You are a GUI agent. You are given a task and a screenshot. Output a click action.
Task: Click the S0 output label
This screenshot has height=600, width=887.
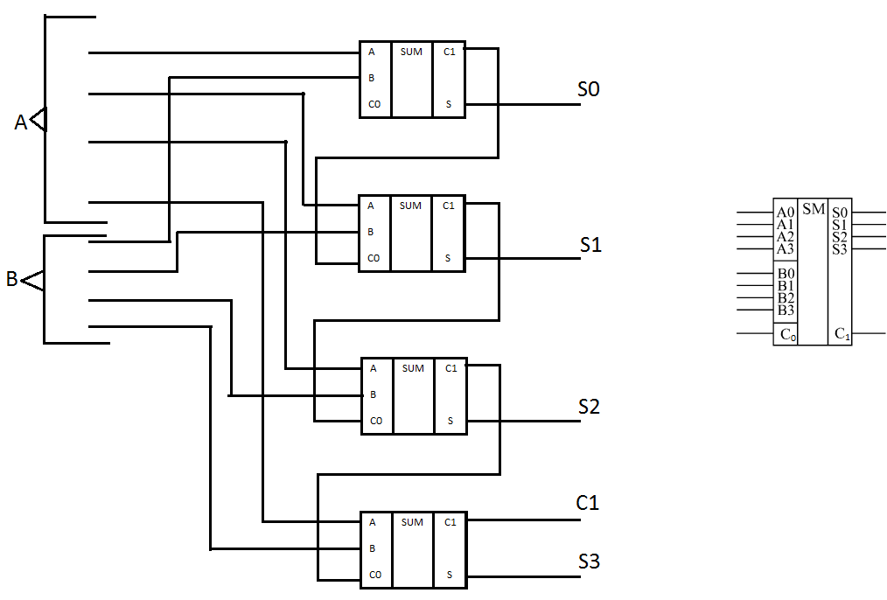(x=589, y=89)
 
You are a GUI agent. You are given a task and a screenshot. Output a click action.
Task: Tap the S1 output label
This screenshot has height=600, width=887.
(x=590, y=244)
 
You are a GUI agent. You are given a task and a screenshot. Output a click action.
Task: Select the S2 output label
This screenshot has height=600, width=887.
(x=589, y=407)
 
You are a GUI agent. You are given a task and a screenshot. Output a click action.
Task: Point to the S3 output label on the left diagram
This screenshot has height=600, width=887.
(x=589, y=561)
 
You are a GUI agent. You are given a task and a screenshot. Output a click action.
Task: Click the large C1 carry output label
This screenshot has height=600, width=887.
(x=587, y=502)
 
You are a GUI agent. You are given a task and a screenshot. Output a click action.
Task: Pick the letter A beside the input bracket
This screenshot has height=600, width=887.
(x=20, y=122)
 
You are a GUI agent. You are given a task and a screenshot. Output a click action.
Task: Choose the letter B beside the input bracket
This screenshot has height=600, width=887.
(x=12, y=279)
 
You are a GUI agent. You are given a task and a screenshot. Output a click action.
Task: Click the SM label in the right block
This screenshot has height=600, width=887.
(x=814, y=209)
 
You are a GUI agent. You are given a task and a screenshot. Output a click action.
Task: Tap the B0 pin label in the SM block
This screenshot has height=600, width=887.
(x=786, y=274)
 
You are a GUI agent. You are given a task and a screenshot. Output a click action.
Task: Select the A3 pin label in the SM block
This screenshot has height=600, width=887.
(x=786, y=248)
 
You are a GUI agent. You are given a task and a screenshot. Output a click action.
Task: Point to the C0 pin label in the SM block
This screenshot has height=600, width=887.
(x=788, y=334)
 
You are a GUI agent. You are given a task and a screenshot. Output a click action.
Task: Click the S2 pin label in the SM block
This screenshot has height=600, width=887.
(x=840, y=237)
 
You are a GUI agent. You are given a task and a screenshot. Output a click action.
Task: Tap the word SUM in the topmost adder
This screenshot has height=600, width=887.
(x=411, y=52)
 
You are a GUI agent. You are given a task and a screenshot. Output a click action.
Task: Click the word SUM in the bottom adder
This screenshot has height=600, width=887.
(x=412, y=522)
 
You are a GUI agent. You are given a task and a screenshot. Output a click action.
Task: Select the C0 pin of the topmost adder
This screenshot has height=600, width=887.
(x=374, y=104)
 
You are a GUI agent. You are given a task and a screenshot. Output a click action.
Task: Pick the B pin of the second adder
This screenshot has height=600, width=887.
(x=371, y=231)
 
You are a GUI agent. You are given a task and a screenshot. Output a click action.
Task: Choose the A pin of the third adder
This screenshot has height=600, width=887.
(x=374, y=368)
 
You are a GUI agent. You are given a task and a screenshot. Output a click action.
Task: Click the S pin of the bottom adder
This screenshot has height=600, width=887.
(x=450, y=575)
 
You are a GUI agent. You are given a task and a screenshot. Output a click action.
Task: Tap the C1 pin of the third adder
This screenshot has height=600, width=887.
(x=450, y=368)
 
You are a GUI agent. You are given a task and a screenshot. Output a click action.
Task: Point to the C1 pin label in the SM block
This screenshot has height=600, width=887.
(x=842, y=334)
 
